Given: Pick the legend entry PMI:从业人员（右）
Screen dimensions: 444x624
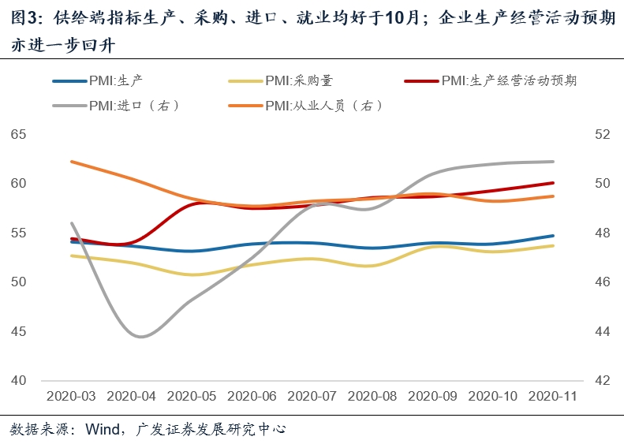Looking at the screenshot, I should pyautogui.click(x=323, y=105).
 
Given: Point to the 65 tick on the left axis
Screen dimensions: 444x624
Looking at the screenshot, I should pyautogui.click(x=18, y=135).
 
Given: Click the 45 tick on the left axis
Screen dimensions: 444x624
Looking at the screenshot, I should pyautogui.click(x=18, y=331).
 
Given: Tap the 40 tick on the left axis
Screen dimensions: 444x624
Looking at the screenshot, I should pyautogui.click(x=18, y=380).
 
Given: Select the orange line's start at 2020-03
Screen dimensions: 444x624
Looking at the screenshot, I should pyautogui.click(x=72, y=162).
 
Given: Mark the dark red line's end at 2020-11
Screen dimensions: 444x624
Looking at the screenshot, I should pyautogui.click(x=553, y=183).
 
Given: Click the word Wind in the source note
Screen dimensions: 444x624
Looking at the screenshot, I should pyautogui.click(x=101, y=430).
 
